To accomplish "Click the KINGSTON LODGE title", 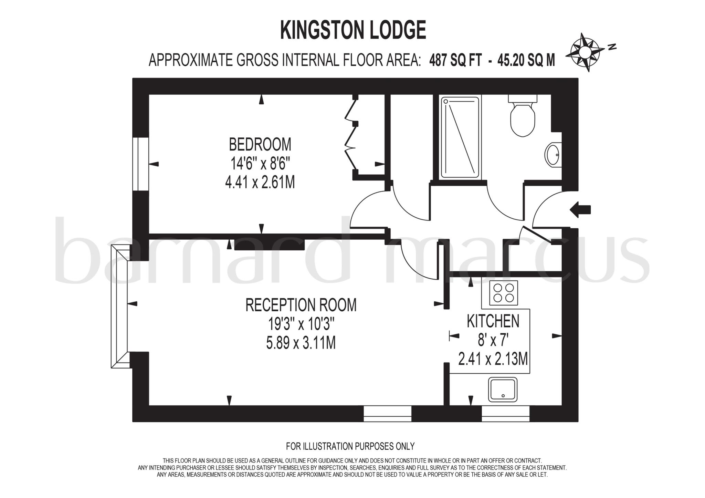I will [x=353, y=30].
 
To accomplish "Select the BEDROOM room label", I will [x=260, y=144].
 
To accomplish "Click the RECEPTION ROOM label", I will [x=301, y=305].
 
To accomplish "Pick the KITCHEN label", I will [x=493, y=321].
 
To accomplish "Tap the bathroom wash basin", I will [x=554, y=155].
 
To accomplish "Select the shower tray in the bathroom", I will [x=460, y=137].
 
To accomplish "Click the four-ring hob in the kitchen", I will [x=503, y=293].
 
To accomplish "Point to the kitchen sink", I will [x=503, y=390].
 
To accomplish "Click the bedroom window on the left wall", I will [x=140, y=164].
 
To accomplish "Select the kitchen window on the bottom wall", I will [x=505, y=414].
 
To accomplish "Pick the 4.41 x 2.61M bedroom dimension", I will [x=260, y=182].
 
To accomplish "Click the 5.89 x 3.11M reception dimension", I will [x=301, y=343].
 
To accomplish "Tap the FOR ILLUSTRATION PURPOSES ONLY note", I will [x=350, y=446].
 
